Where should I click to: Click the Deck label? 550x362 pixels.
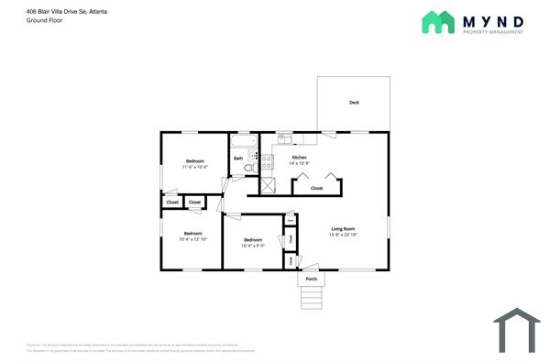(x=354, y=103)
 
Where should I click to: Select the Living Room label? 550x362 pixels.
(x=343, y=229)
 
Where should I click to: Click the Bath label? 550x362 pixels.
(x=238, y=159)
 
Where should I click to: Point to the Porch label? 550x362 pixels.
(x=312, y=279)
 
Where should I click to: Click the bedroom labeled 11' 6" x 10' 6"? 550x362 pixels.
(x=194, y=163)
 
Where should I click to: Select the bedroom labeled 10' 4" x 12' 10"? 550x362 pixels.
(x=192, y=236)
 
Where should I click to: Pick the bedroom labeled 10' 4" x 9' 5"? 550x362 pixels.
(x=253, y=242)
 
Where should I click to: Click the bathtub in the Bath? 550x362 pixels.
(x=243, y=143)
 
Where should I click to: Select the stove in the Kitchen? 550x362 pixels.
(x=268, y=162)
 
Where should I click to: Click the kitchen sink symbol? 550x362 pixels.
(x=285, y=139)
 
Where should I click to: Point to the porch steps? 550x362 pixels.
(x=312, y=297)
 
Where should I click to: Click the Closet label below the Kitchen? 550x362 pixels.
(x=316, y=188)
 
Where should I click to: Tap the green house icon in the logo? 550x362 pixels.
(x=437, y=23)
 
